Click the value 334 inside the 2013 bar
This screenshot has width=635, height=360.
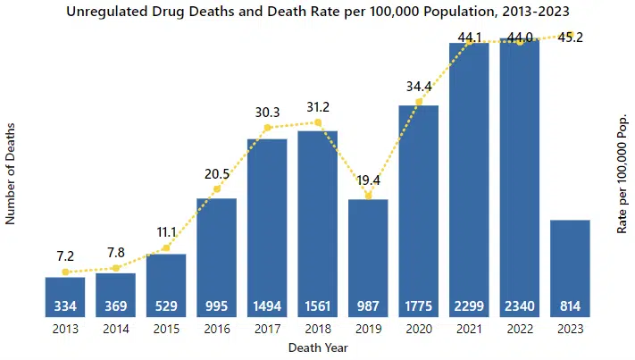(65, 306)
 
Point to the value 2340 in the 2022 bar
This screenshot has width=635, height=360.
(520, 306)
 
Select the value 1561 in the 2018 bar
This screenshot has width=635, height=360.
(317, 306)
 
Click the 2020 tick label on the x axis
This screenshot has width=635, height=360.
(418, 330)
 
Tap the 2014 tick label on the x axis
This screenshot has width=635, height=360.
(115, 330)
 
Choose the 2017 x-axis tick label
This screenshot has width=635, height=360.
(267, 330)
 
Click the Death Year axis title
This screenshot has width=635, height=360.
(317, 347)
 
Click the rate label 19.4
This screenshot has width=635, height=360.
(368, 180)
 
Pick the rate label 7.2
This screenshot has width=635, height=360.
(65, 256)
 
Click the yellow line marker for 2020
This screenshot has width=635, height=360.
(419, 102)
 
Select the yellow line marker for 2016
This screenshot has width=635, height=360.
(216, 189)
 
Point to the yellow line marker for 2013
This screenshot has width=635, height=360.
(65, 272)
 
